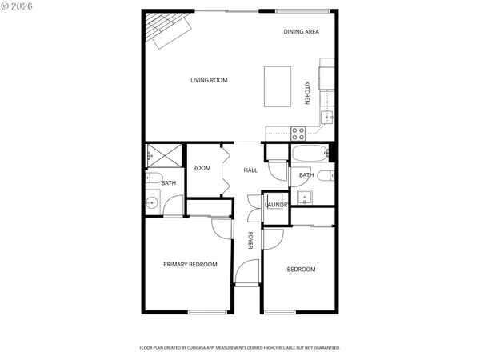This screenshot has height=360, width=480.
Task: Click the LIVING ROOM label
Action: (209, 80)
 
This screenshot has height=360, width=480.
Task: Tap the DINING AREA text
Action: (302, 31)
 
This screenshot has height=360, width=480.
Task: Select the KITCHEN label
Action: (306, 94)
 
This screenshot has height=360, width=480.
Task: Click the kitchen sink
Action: (326, 118)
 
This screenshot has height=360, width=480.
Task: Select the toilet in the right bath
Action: (324, 175)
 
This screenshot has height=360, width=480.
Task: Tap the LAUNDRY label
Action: (277, 206)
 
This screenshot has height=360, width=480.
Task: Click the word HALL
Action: (250, 170)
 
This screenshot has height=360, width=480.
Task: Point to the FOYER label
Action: (250, 241)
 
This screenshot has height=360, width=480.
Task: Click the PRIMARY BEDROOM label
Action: (190, 265)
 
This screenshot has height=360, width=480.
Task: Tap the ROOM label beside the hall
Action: (202, 168)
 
